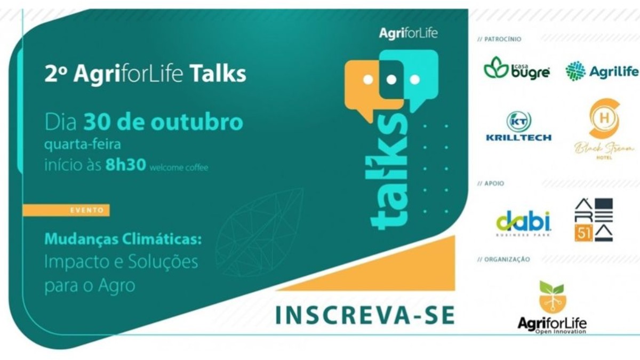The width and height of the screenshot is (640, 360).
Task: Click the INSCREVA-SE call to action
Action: [365, 315]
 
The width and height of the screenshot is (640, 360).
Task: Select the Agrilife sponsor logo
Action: [602, 71]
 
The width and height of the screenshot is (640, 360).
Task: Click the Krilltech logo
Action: [518, 126]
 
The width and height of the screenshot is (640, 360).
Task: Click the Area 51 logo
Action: [594, 220]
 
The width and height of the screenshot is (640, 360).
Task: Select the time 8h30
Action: [125, 165]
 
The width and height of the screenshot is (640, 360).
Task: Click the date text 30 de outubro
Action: [163, 122]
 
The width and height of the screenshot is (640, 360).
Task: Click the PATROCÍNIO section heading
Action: [499, 39]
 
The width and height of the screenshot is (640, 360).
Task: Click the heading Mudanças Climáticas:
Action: [123, 239]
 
